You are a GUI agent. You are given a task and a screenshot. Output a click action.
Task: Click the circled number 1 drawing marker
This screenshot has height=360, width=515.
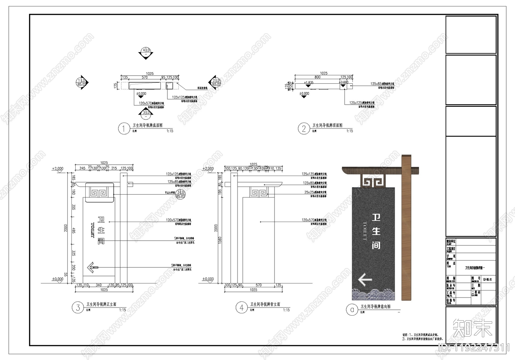124,129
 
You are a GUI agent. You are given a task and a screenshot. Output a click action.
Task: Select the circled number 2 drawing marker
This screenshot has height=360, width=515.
304,129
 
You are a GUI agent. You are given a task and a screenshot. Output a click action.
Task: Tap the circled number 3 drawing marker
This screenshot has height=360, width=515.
78,308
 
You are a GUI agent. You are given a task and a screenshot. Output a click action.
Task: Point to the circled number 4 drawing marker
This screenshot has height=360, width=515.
242,308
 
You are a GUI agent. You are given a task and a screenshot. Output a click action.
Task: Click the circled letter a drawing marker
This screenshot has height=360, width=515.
352,309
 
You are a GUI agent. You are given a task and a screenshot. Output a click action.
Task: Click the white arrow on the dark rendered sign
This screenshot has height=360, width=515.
365,280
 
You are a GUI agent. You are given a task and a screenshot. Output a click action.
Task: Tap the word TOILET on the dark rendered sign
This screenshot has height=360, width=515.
365,231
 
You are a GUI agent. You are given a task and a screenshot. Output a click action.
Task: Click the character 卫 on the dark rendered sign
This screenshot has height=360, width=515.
376,217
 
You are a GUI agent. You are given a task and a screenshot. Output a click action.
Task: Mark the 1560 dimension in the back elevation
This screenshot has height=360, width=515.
220,240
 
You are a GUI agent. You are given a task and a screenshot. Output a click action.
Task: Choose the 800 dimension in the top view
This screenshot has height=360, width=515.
317,77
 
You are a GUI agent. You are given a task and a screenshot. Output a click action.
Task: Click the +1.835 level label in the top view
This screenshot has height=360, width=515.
309,82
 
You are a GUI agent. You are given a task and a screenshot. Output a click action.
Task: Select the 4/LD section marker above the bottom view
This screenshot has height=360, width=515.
146,53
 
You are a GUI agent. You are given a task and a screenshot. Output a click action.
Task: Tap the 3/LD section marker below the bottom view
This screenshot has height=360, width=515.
146,113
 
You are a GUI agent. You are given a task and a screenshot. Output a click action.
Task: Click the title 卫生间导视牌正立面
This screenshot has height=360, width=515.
101,304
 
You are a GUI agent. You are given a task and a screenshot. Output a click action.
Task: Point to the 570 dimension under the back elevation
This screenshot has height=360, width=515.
258,285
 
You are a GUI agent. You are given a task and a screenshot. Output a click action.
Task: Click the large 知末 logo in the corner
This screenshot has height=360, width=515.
472,328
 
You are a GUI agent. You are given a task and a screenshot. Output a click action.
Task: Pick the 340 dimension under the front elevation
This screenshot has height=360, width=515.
99,285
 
